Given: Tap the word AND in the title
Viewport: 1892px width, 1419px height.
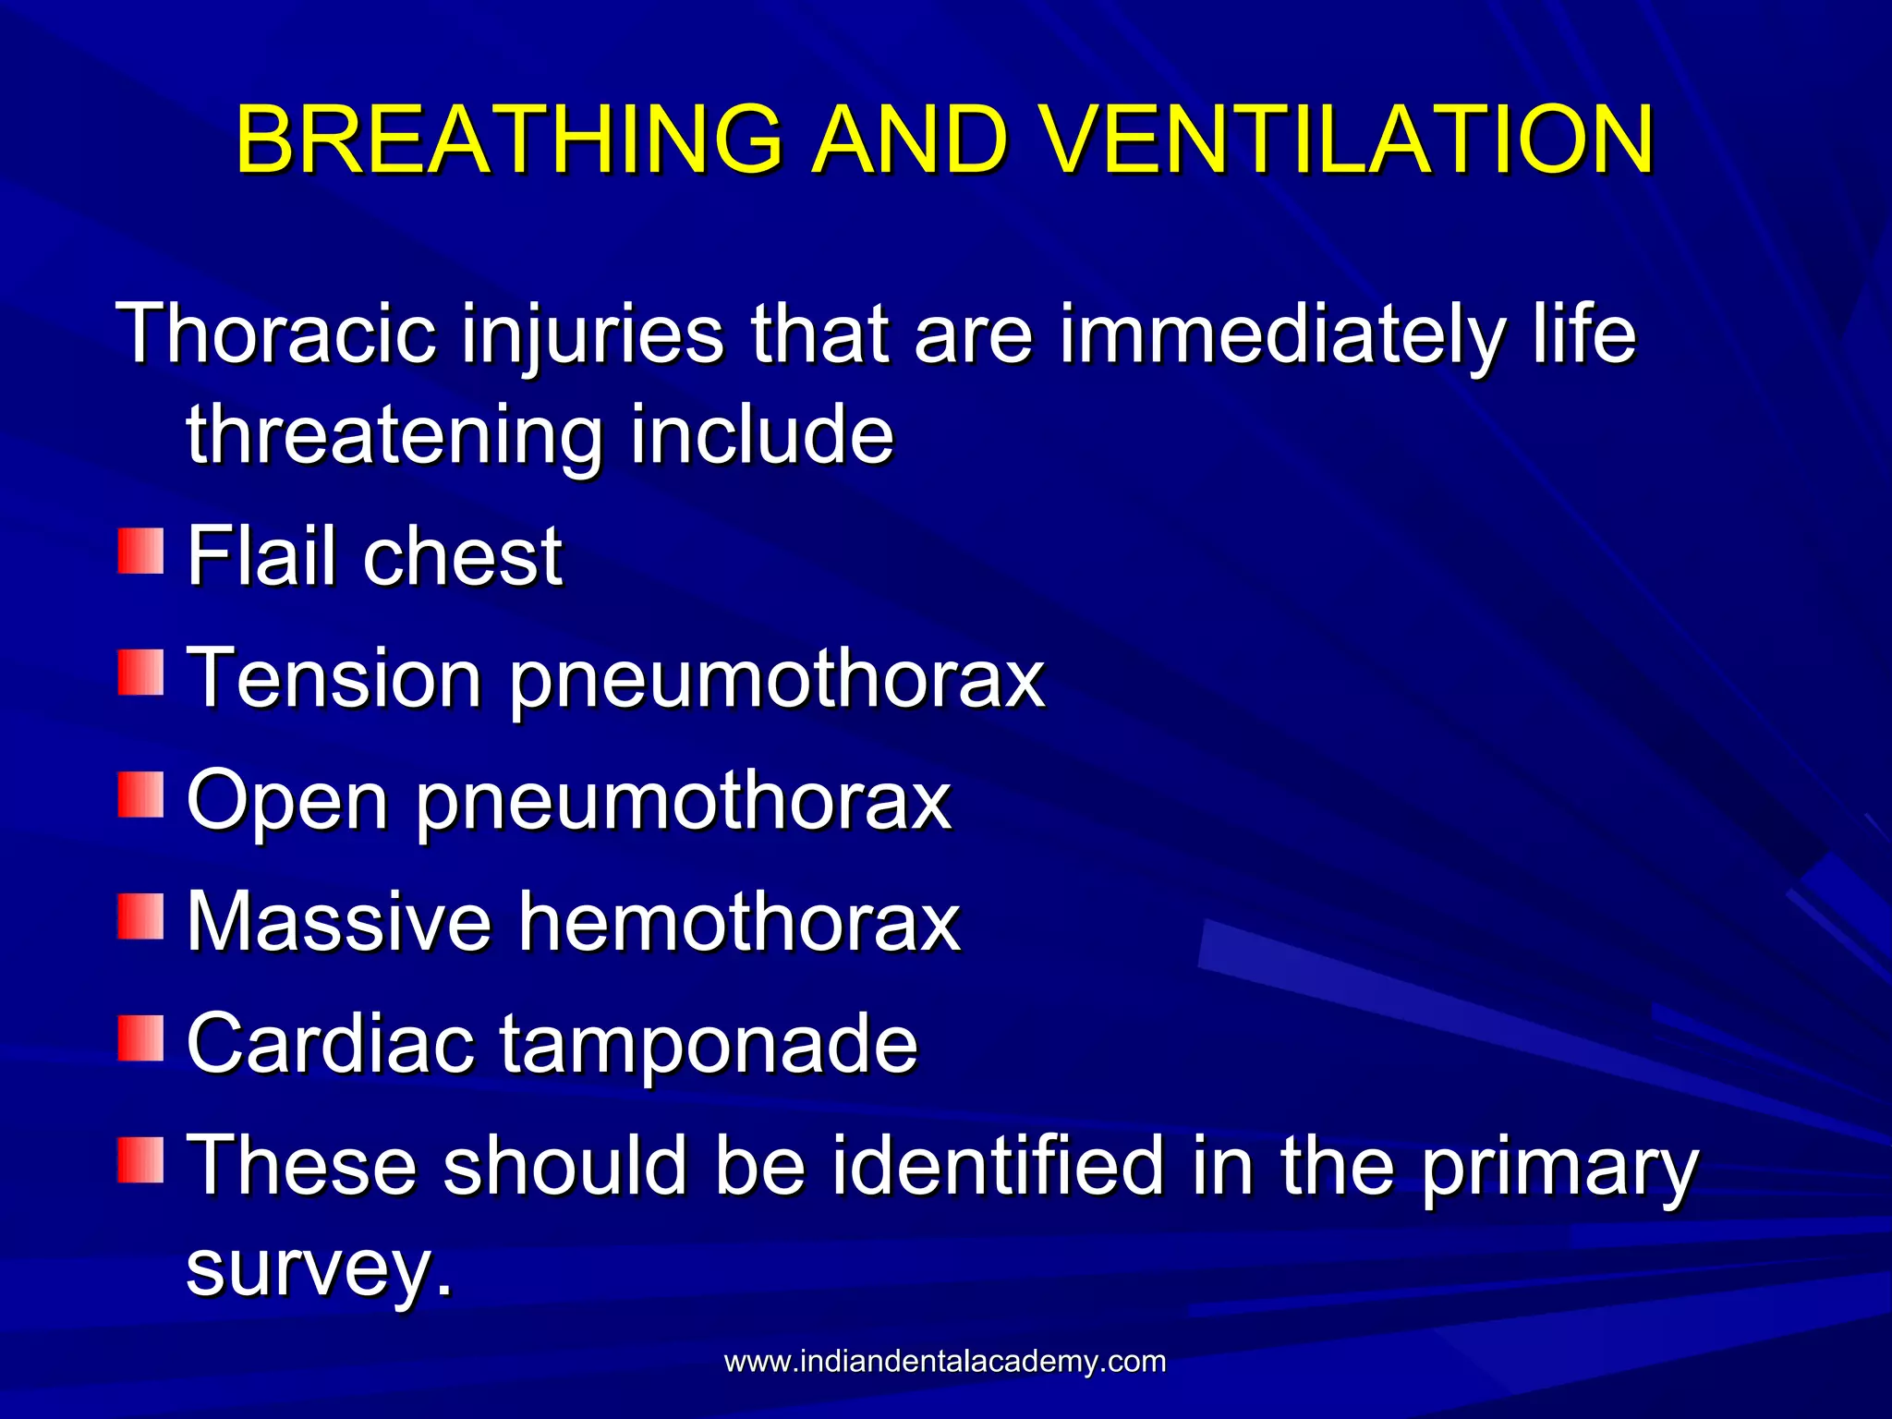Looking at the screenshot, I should point(910,139).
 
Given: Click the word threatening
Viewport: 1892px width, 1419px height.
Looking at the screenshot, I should point(394,436).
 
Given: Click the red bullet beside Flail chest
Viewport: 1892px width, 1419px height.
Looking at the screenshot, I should point(140,552).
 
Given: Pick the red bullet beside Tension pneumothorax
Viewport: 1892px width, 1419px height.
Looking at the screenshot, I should point(140,673).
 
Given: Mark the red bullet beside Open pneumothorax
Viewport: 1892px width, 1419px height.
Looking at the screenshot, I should point(140,795).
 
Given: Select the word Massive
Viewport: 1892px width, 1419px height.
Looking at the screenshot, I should point(339,921).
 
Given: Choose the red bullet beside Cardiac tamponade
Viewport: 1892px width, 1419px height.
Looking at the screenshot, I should point(140,1038).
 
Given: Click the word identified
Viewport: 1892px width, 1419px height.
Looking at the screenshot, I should point(998,1165).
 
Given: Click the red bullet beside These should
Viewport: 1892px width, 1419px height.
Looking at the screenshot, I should point(140,1160).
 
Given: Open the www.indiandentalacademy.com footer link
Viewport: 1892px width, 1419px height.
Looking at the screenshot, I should point(945,1361).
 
